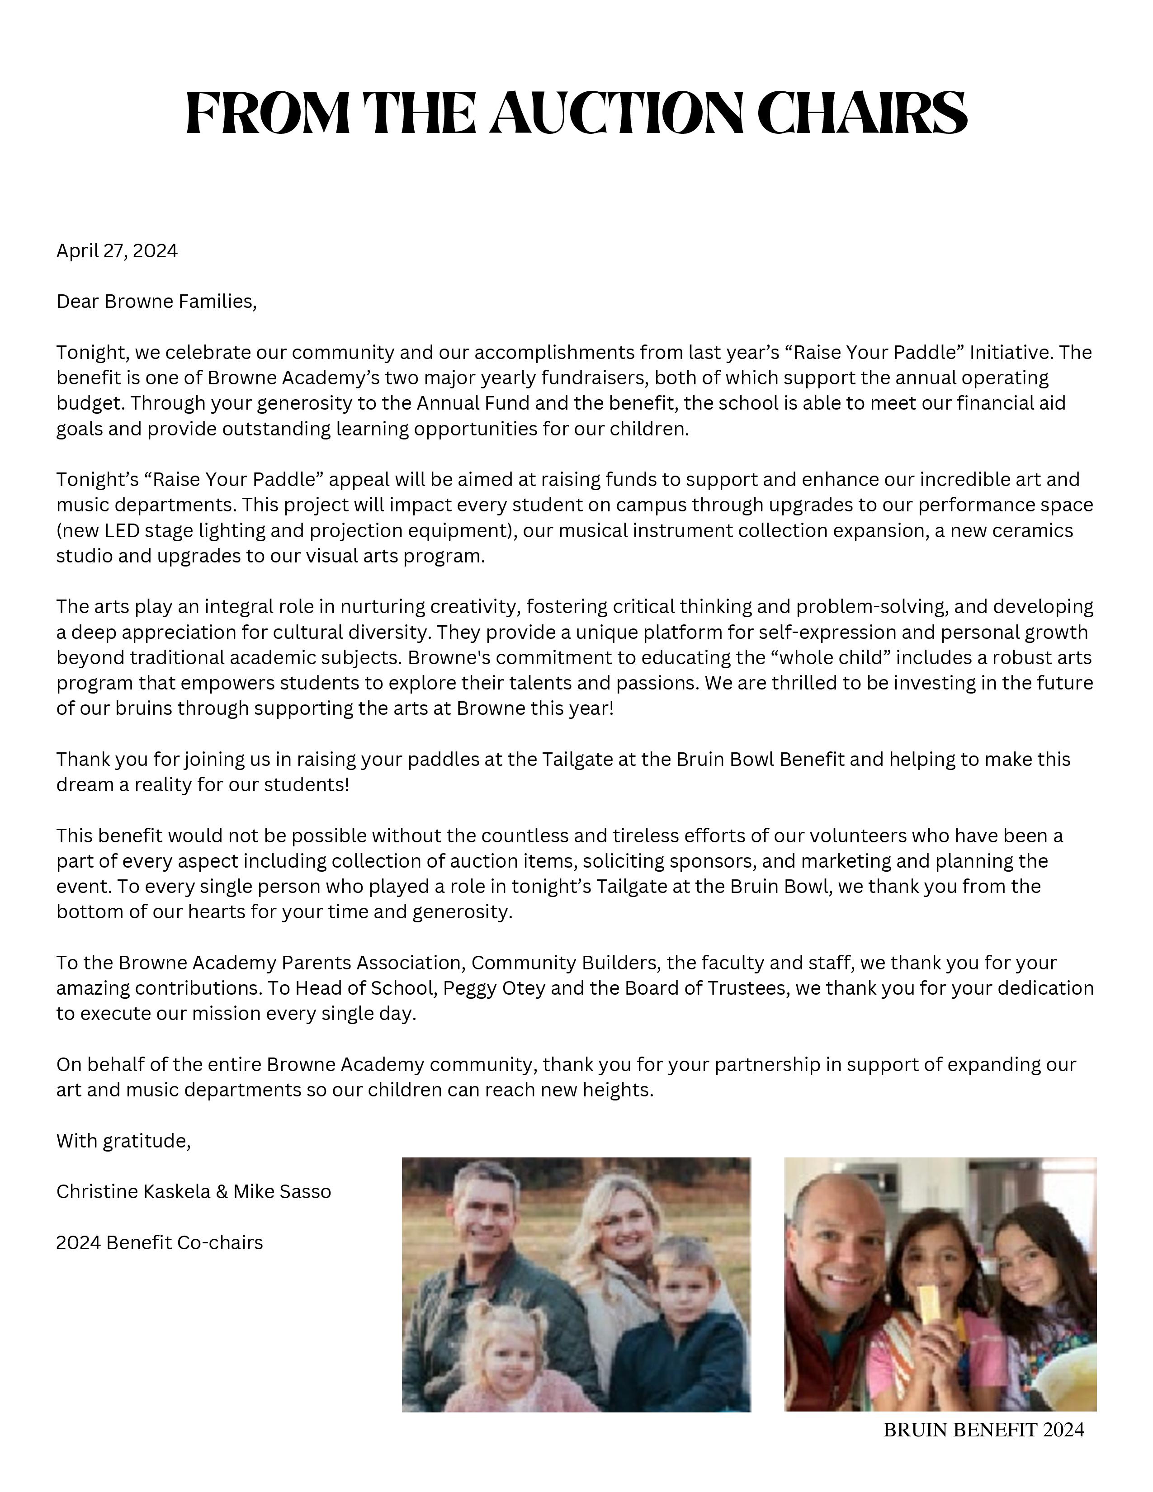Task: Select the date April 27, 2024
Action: click(117, 251)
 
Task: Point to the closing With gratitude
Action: click(123, 1141)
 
